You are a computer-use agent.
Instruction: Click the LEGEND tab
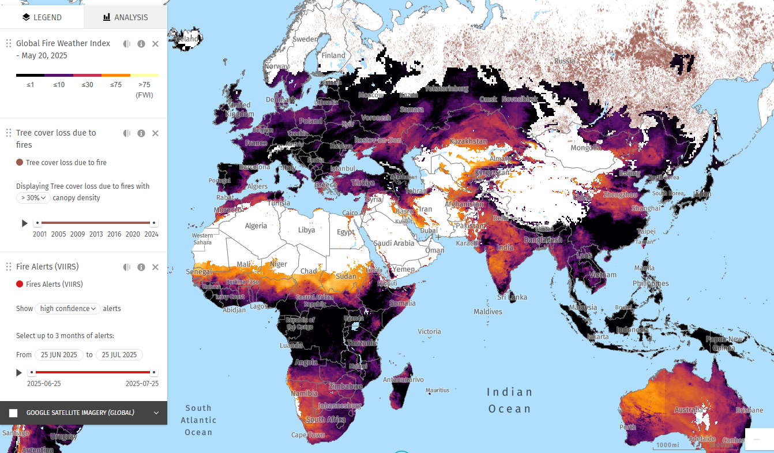42,17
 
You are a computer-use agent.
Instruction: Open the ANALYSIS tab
125,17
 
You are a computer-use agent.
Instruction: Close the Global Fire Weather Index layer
155,44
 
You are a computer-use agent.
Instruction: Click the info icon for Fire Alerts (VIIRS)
141,267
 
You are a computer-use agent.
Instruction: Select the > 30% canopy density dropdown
33,198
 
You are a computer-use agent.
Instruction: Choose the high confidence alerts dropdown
67,309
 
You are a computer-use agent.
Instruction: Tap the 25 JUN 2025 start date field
59,355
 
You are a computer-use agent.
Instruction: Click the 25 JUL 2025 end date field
119,355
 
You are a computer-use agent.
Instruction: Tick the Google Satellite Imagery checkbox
13,413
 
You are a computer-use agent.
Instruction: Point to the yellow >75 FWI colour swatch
144,75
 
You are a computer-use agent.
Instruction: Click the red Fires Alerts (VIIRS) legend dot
20,284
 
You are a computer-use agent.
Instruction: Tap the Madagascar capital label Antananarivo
404,380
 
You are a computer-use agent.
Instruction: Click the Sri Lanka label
512,297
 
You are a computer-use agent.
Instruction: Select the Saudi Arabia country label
394,243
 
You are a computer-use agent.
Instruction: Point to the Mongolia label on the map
585,148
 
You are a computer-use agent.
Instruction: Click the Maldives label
488,312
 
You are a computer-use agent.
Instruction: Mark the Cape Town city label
308,435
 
